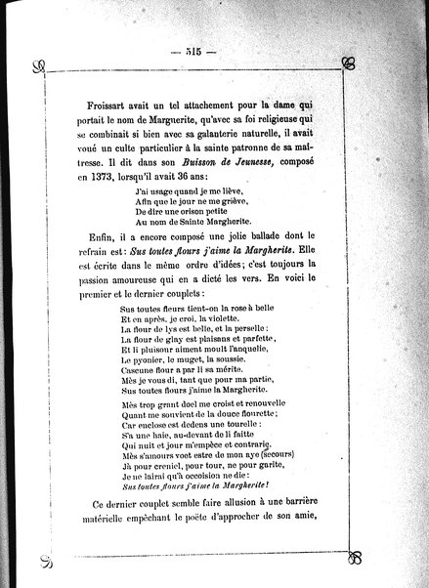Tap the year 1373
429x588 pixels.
pos(98,180)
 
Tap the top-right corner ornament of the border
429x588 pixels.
pos(348,64)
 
